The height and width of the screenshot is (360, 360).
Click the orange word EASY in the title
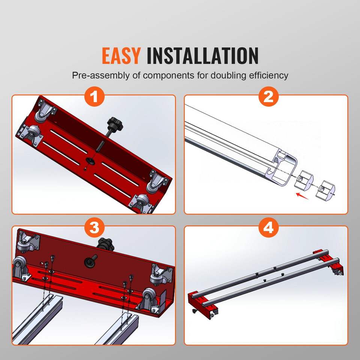[x=121, y=55]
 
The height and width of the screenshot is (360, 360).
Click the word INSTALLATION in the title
[x=202, y=55]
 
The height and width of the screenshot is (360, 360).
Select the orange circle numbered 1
[x=94, y=97]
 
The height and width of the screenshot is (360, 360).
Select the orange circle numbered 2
[x=268, y=97]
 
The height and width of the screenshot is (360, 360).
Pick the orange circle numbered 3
[x=94, y=228]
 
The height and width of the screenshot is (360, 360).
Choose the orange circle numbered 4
[x=268, y=228]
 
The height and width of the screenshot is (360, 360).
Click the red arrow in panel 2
[x=302, y=196]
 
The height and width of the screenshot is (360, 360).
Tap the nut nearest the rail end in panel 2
[x=303, y=180]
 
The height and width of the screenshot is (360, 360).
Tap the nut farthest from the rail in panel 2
[x=325, y=190]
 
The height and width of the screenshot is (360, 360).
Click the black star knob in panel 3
[x=105, y=244]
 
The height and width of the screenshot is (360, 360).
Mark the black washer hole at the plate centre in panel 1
[x=90, y=161]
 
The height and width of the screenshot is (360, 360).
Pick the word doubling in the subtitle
[x=228, y=75]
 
